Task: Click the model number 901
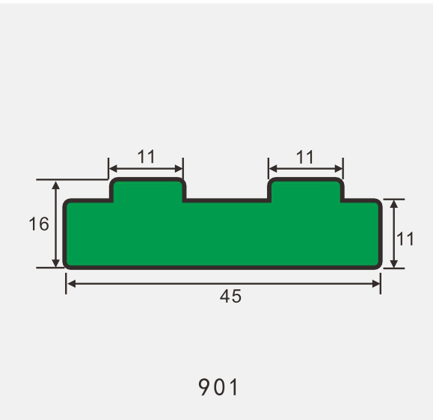click(x=218, y=387)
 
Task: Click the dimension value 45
click(x=230, y=296)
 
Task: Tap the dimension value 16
click(x=40, y=223)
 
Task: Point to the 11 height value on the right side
click(x=405, y=239)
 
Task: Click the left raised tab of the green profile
click(x=147, y=190)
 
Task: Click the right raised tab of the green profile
click(x=306, y=190)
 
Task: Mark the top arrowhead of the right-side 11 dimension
click(x=394, y=204)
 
